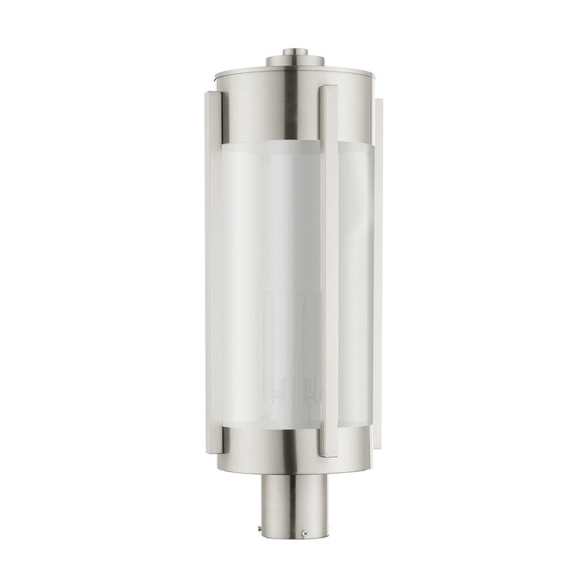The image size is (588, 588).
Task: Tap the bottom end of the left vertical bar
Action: [213, 450]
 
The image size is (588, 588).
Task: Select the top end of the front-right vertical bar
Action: [328, 89]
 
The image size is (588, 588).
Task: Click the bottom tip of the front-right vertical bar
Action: [328, 454]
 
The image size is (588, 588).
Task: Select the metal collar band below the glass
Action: [252, 449]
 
